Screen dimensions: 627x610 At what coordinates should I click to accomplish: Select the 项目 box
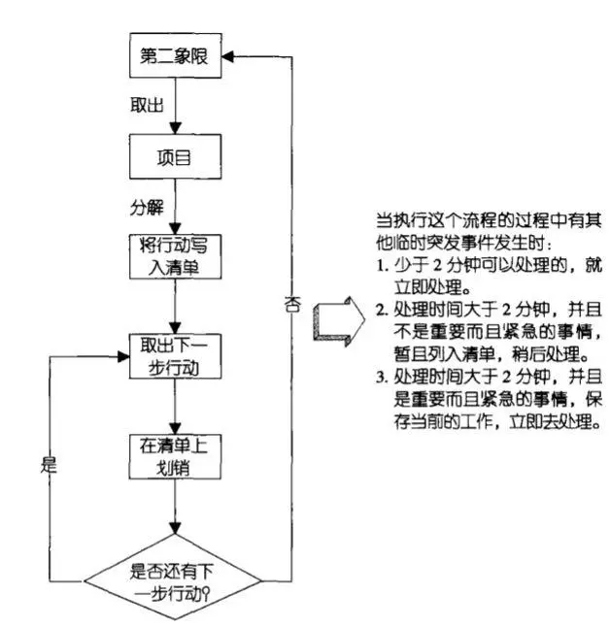coord(172,158)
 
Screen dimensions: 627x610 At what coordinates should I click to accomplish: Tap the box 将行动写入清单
coord(172,255)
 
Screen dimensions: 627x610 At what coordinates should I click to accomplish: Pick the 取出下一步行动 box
coord(172,356)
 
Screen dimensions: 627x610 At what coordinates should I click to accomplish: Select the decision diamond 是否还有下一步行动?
coord(173,574)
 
